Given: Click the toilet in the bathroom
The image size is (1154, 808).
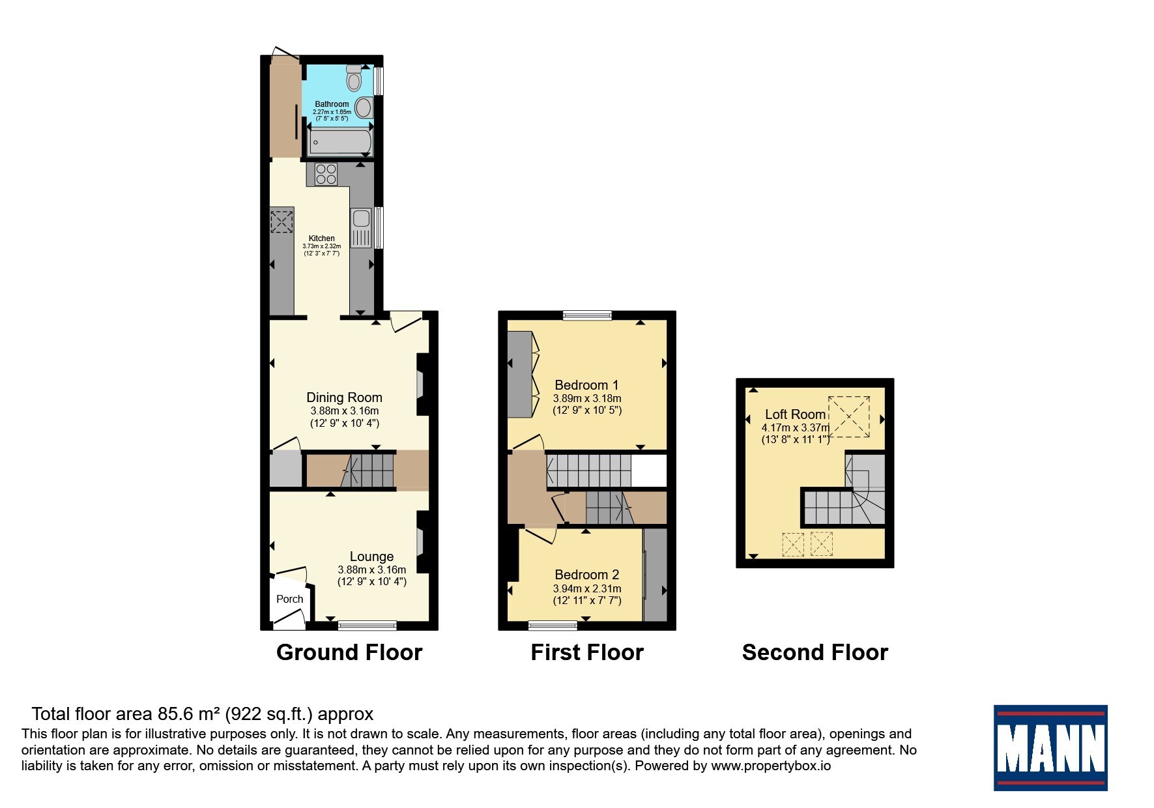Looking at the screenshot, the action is point(354,77).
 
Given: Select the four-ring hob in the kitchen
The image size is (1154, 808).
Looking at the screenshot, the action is point(326,173).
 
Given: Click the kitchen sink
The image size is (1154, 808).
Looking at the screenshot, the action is point(360,227).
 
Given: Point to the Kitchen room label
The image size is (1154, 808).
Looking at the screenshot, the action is point(322,238).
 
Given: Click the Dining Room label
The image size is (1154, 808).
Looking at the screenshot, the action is point(345,397).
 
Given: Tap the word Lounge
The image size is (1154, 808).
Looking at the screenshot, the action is point(371,556).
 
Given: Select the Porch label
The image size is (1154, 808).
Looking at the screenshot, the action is point(290,599).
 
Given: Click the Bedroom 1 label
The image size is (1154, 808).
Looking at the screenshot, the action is point(586,385).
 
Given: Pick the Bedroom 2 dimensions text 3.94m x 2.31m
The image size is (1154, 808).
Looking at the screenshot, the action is point(587,588).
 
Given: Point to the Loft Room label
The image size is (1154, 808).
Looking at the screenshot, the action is point(796,414).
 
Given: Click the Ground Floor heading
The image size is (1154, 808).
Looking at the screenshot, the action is point(349,652).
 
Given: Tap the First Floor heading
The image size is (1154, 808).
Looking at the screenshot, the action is point(587,652).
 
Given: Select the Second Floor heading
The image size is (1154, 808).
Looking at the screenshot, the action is point(815,652).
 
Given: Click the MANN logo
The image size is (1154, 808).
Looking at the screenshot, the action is point(1050,748).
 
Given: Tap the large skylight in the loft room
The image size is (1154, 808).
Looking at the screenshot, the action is point(848,416).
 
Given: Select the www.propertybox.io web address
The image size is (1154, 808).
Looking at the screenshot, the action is point(771,766).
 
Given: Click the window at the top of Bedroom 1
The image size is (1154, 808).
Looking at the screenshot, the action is point(588,316).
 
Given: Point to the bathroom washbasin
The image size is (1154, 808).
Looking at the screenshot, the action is point(365,108).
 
